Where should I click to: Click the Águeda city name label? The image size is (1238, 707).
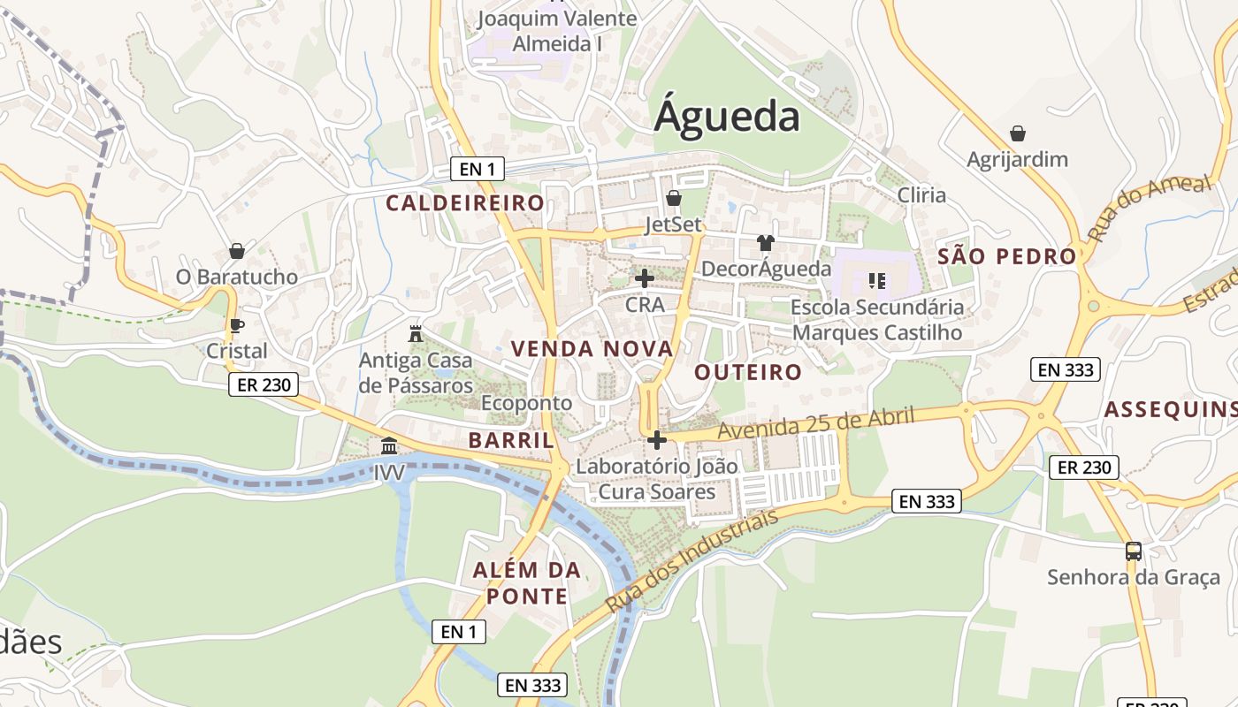click(x=727, y=117)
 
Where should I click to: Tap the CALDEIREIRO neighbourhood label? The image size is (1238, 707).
click(x=465, y=203)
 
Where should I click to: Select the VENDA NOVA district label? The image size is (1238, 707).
click(x=592, y=349)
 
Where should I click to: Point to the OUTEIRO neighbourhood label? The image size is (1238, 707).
click(x=748, y=372)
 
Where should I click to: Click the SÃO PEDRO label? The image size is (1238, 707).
click(x=1007, y=257)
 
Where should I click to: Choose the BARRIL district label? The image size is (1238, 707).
click(x=511, y=440)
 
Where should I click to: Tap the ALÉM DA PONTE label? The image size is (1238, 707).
click(x=527, y=583)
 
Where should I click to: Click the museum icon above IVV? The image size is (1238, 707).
click(x=389, y=445)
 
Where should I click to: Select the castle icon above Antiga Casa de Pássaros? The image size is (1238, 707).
click(x=415, y=334)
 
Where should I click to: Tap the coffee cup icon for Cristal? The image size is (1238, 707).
click(x=236, y=325)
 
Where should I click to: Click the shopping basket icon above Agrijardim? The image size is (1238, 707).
click(x=1018, y=133)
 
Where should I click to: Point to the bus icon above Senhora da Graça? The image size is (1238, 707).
click(x=1134, y=551)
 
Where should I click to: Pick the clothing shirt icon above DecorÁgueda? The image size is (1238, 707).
click(x=766, y=243)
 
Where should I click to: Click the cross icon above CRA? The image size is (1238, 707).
click(x=645, y=278)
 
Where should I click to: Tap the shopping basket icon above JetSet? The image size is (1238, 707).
click(x=673, y=198)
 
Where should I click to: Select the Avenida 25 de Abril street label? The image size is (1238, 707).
click(x=815, y=423)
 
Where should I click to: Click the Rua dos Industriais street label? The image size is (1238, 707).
click(x=692, y=562)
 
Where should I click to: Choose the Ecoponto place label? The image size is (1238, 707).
click(x=527, y=403)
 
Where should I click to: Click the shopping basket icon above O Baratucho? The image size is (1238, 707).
click(x=236, y=251)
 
